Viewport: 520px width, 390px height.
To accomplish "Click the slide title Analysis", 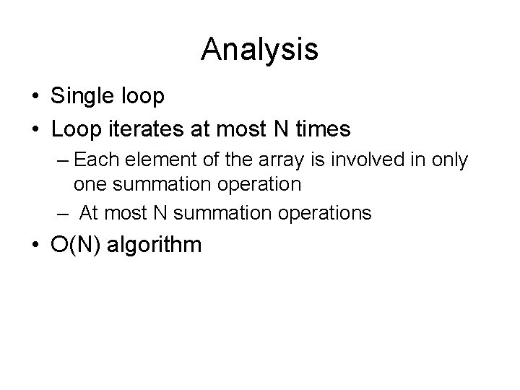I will point(259,49).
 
